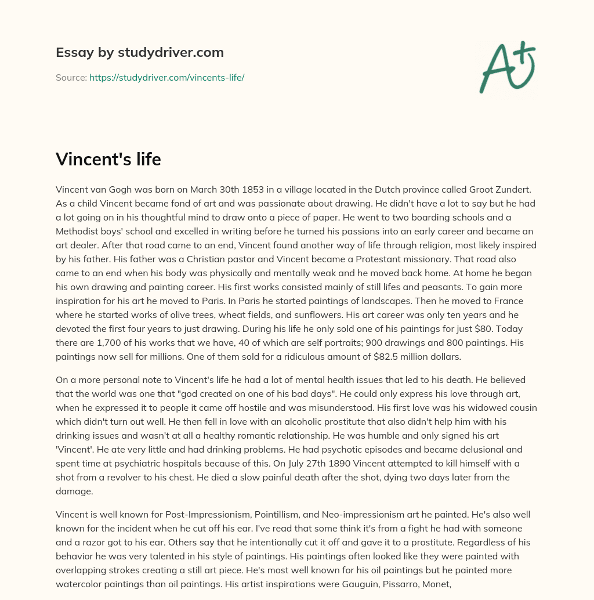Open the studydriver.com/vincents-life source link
(166, 77)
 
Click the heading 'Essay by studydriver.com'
(140, 52)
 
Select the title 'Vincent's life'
(108, 159)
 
